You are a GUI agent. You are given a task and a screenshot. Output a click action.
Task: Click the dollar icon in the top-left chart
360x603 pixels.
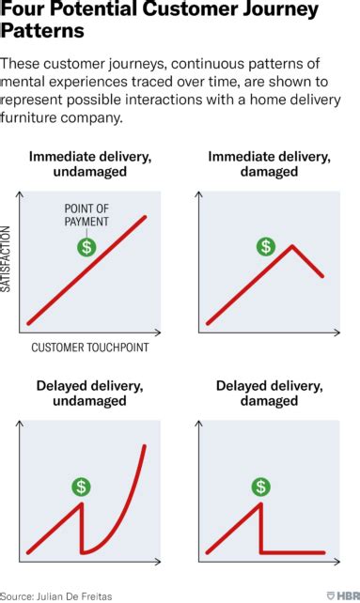tap(87, 246)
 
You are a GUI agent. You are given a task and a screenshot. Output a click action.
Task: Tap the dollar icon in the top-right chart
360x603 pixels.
tap(266, 246)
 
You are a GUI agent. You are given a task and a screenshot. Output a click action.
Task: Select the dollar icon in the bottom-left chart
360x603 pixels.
tap(81, 487)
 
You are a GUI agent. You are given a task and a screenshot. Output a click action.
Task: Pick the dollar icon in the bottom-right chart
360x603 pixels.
tap(260, 487)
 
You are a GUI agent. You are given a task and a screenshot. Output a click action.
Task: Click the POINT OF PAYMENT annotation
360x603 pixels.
tap(86, 215)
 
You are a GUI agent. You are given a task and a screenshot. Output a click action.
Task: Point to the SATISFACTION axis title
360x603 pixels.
tap(5, 259)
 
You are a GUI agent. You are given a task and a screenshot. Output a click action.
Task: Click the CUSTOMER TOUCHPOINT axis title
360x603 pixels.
tap(90, 348)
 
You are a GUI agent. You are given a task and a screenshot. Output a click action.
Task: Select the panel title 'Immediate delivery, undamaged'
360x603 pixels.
tap(90, 163)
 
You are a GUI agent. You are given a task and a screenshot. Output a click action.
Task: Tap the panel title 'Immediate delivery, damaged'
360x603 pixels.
tap(269, 163)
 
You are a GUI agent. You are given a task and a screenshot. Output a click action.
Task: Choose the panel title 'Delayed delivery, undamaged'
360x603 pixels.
tap(89, 393)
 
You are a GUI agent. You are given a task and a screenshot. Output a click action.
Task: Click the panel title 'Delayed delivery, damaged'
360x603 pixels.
tap(269, 393)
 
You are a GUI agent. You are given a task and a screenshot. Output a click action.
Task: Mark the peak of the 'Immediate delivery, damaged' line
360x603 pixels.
tap(292, 246)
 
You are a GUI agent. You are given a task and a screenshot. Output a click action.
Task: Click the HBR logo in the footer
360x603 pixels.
tap(343, 595)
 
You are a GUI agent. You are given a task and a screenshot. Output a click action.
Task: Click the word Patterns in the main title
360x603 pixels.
tap(42, 30)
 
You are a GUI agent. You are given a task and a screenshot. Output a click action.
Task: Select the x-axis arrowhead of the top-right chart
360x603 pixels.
tap(337, 332)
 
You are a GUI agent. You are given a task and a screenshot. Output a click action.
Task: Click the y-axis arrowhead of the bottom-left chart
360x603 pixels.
tap(19, 424)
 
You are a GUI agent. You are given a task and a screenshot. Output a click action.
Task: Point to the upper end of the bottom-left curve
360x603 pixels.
tap(145, 446)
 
